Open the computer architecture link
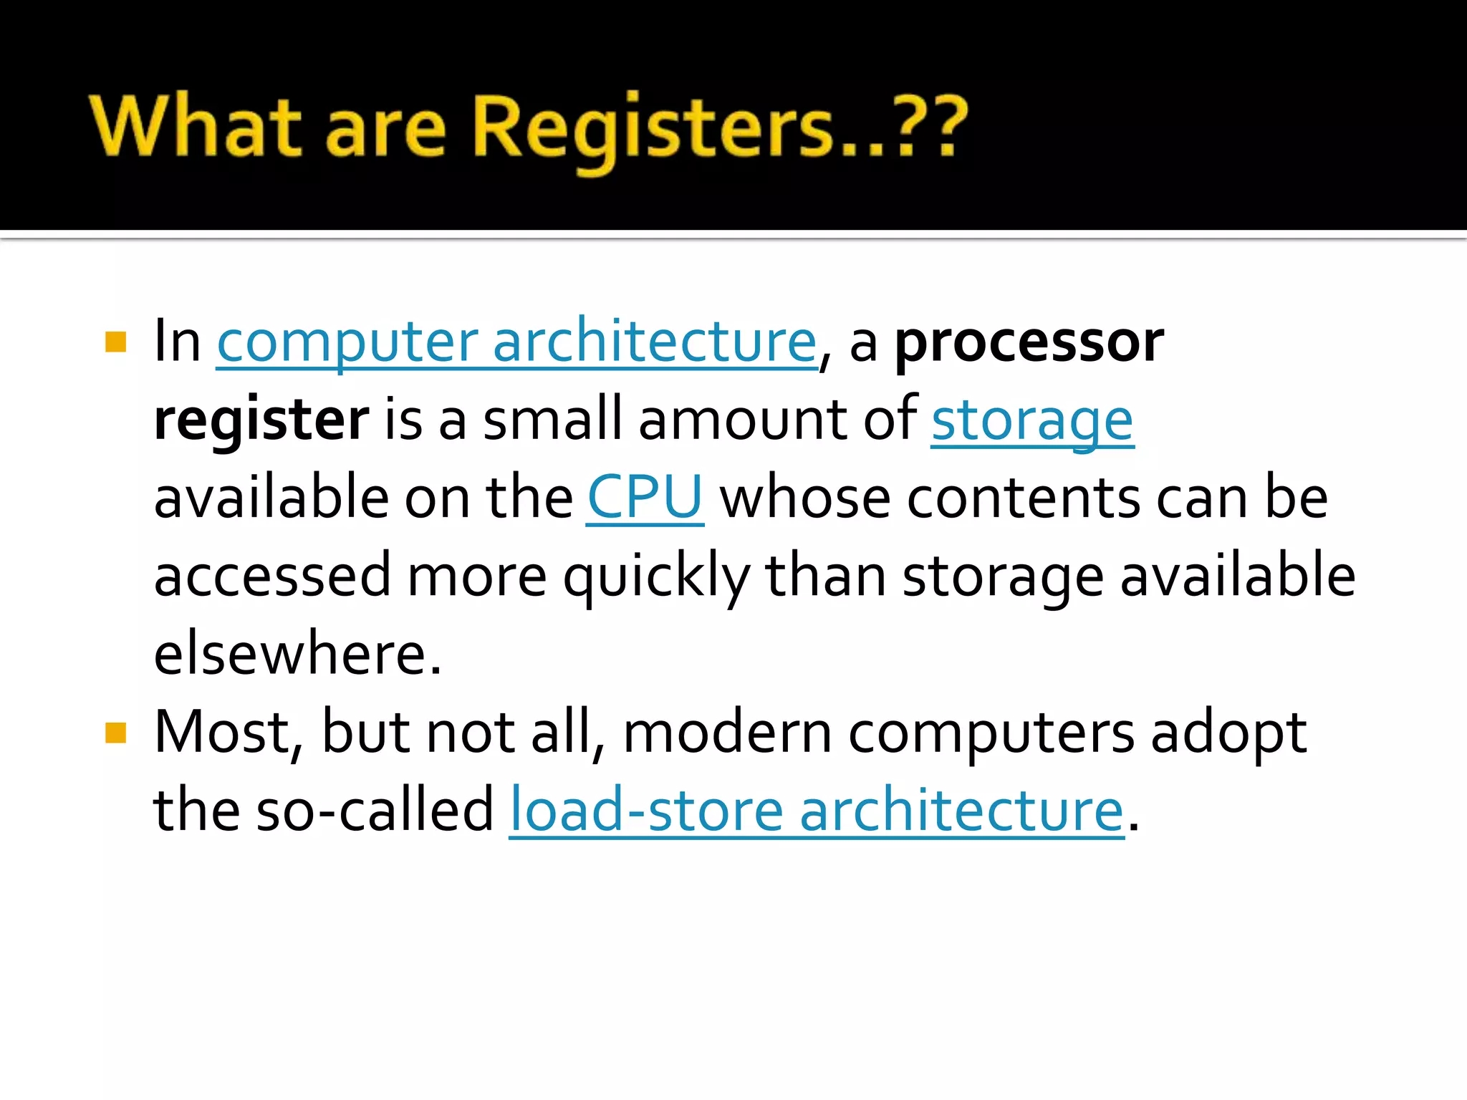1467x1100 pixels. pyautogui.click(x=516, y=342)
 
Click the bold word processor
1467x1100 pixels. pyautogui.click(x=1029, y=342)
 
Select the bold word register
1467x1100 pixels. pyautogui.click(x=261, y=420)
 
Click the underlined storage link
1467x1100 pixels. pyautogui.click(x=1032, y=420)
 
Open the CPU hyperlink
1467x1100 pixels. pyautogui.click(x=645, y=498)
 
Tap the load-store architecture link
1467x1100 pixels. pyautogui.click(x=817, y=811)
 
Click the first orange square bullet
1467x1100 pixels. pyautogui.click(x=115, y=342)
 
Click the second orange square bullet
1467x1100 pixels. pyautogui.click(x=115, y=733)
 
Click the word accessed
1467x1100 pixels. pyautogui.click(x=272, y=576)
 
